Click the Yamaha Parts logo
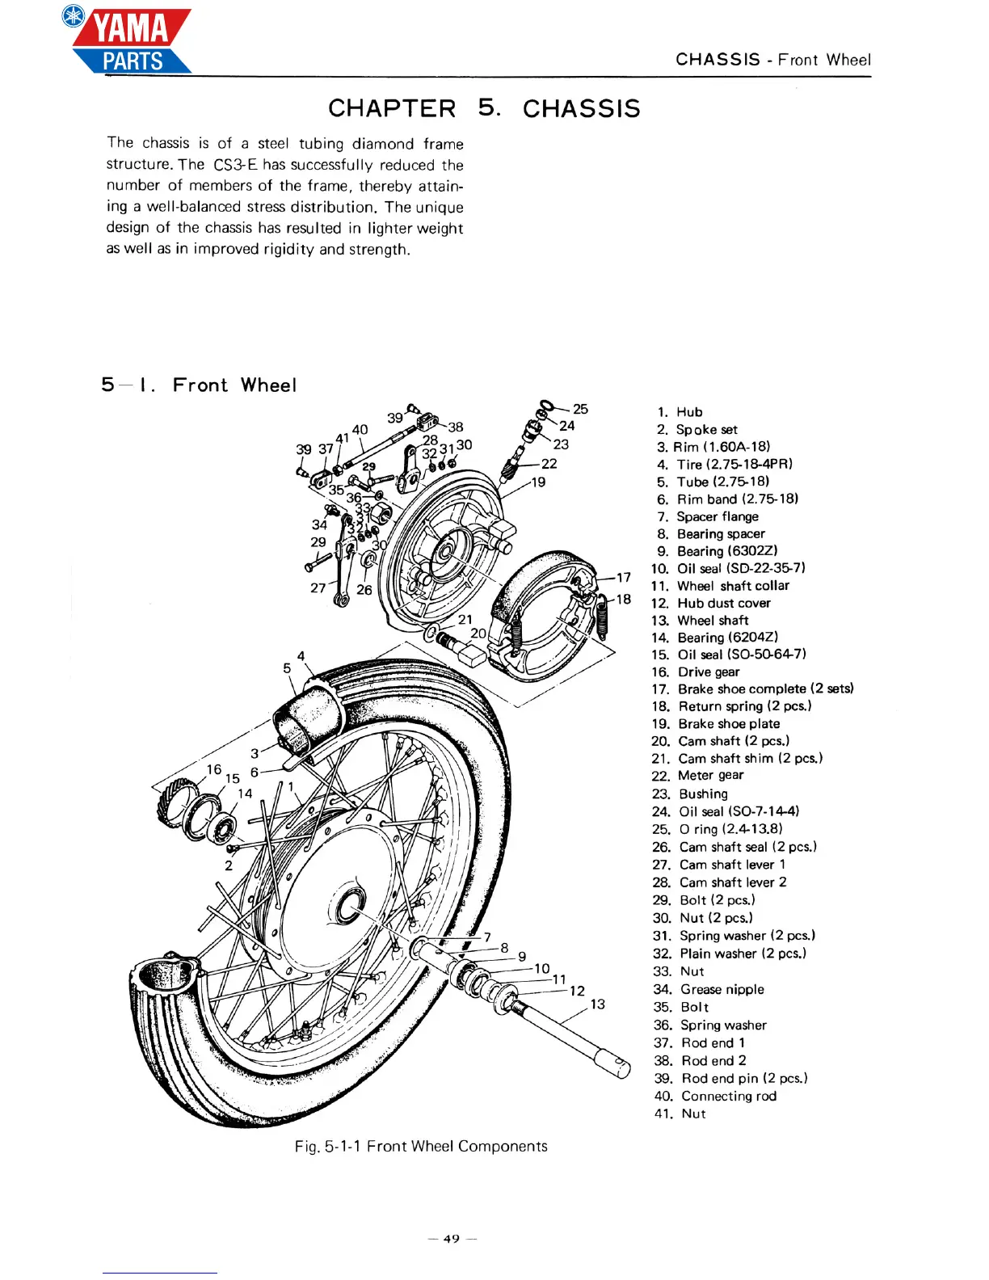[x=129, y=40]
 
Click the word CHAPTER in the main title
[x=392, y=108]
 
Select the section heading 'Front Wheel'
[x=234, y=385]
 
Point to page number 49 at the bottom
[x=452, y=1239]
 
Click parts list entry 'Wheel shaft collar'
[x=732, y=586]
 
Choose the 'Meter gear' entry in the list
[x=710, y=775]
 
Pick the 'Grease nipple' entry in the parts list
[x=722, y=989]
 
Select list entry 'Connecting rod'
[x=728, y=1096]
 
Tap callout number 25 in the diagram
[x=580, y=409]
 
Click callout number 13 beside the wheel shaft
[x=597, y=1004]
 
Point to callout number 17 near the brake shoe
[x=623, y=577]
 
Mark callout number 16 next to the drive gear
[x=213, y=769]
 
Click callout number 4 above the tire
[x=301, y=656]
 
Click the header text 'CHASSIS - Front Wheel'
[x=772, y=60]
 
